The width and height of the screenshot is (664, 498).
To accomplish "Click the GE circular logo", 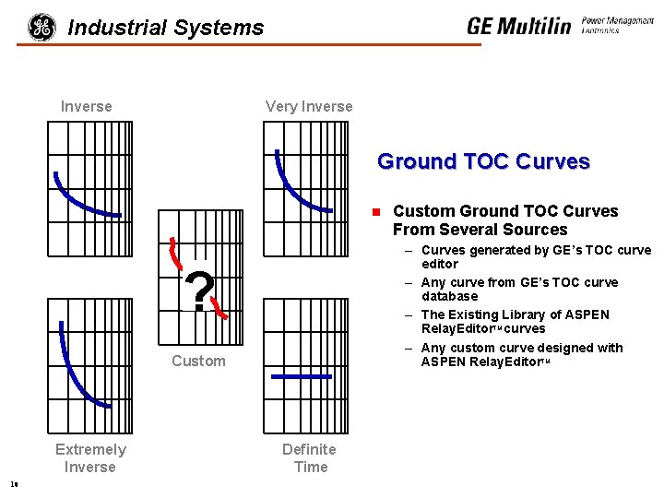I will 41,28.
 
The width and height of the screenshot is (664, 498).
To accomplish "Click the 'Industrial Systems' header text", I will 166,28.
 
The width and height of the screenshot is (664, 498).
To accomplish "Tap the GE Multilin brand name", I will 518,26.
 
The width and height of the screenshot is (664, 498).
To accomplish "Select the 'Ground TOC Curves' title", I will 483,161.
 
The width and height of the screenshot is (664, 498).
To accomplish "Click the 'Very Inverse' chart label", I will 309,106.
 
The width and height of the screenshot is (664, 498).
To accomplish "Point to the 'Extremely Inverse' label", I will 90,458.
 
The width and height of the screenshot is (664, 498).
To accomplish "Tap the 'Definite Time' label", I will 309,458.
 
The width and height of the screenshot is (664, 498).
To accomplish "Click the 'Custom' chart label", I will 198,361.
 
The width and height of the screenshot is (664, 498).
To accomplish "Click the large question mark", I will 200,291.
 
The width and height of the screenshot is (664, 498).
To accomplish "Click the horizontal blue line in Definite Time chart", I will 301,376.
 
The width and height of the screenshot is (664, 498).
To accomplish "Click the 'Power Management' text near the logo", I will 617,20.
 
